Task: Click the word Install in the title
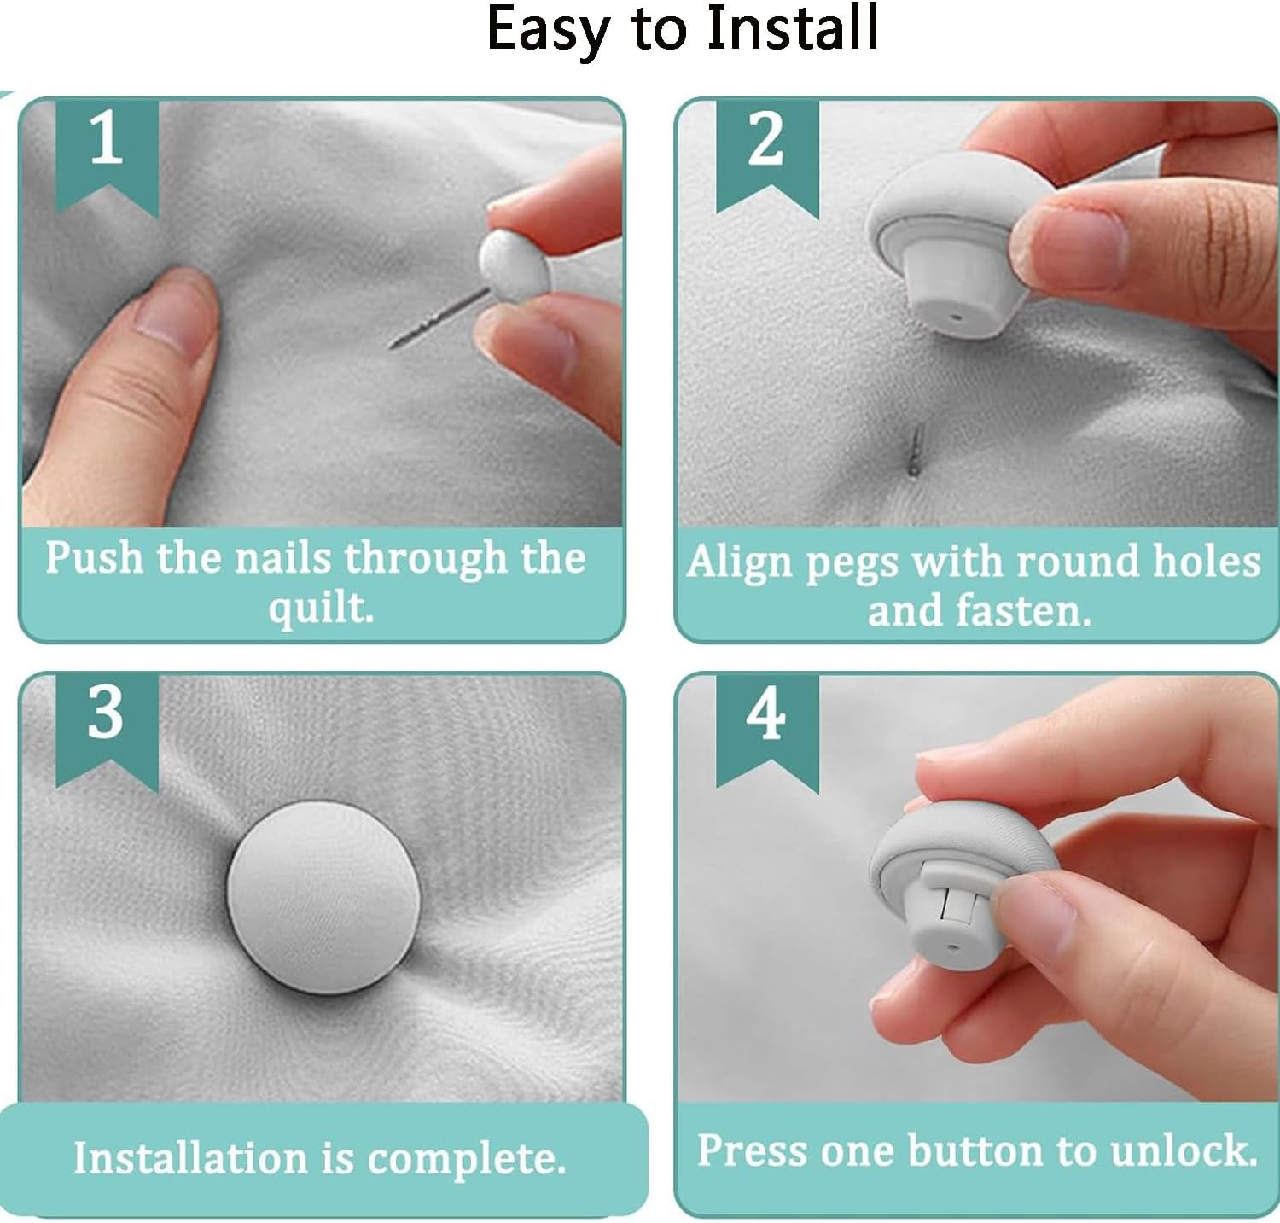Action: click(793, 29)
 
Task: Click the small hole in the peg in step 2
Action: click(957, 318)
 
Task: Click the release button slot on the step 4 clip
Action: click(951, 904)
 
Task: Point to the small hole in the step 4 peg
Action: click(950, 946)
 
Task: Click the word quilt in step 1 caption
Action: click(321, 608)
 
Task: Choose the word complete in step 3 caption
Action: click(467, 1159)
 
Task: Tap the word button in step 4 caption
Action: click(975, 1150)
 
